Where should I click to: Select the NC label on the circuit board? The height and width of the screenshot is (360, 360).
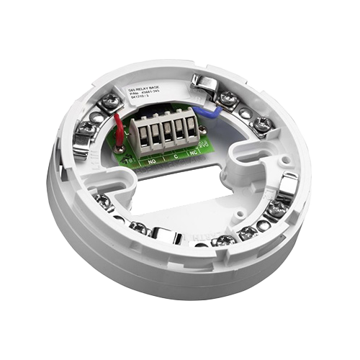[193, 153]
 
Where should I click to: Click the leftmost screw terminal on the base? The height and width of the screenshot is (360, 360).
[86, 127]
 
